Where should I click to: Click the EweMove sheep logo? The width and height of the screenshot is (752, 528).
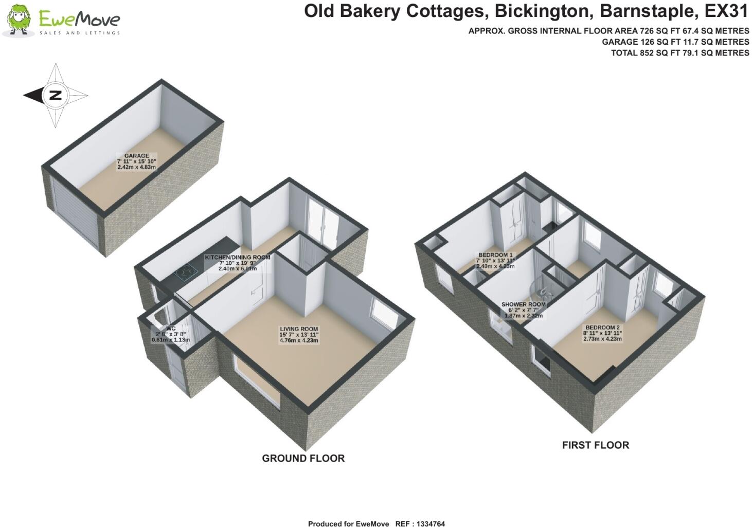tap(20, 21)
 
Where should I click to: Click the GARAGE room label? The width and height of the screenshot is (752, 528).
tap(136, 156)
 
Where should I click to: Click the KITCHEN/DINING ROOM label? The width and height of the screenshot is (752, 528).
tap(237, 257)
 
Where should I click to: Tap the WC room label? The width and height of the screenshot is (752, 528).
tap(171, 328)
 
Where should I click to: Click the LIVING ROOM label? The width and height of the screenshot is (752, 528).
tap(299, 329)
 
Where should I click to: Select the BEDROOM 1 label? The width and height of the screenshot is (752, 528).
tap(495, 255)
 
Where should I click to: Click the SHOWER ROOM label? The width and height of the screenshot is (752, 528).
tap(523, 304)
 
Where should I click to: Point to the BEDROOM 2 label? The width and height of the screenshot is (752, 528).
tap(602, 327)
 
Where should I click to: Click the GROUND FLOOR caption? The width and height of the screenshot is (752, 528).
tap(303, 458)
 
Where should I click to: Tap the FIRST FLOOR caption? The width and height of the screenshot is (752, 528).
tap(595, 445)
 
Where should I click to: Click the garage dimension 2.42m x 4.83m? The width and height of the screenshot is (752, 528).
tap(136, 167)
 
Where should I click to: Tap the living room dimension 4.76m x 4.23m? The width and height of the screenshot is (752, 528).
tap(299, 340)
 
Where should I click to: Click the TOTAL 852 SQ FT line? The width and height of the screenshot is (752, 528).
tap(679, 53)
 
